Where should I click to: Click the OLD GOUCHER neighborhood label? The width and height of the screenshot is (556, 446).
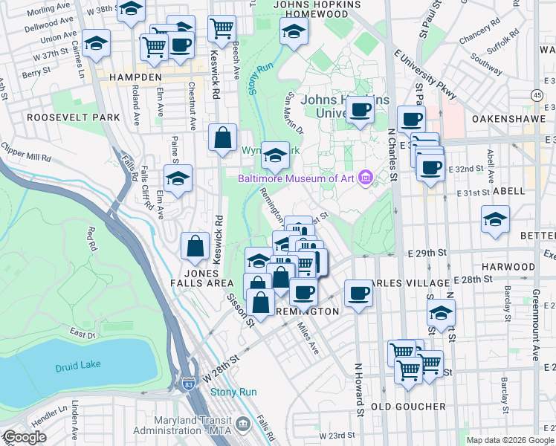click(x=408, y=407)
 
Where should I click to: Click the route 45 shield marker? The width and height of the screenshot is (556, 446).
click(x=537, y=95)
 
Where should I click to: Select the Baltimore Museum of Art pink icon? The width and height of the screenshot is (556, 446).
click(x=365, y=178)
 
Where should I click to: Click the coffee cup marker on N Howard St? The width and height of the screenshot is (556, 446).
click(x=358, y=294)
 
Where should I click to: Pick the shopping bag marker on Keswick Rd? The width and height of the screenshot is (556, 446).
click(x=222, y=138)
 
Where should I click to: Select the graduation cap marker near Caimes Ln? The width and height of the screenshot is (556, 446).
click(x=96, y=44)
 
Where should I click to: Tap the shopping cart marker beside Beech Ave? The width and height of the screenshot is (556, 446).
click(x=222, y=28)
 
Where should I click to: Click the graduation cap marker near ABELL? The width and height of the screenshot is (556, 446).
click(x=495, y=220)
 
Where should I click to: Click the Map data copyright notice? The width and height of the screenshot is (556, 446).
click(x=509, y=440)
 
